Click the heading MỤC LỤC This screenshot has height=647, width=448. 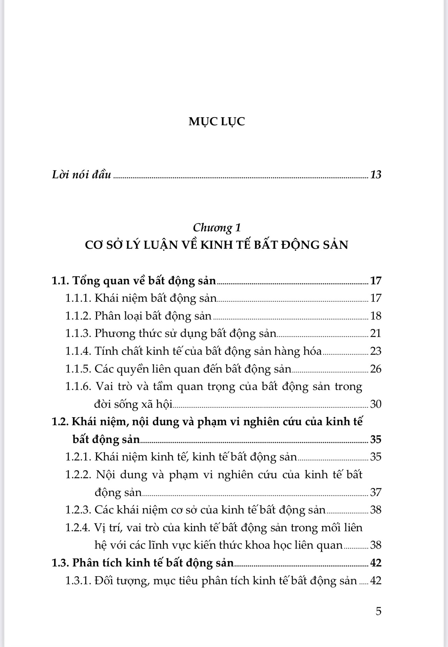[x=217, y=122]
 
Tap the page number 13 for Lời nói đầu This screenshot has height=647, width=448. [x=375, y=174]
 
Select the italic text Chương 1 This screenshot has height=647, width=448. [x=217, y=228]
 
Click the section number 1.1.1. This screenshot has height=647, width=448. [x=79, y=298]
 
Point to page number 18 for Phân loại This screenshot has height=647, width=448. [x=375, y=316]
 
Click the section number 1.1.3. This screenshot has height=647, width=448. [x=79, y=333]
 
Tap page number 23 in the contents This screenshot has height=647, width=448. [x=375, y=351]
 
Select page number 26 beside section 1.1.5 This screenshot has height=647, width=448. [x=375, y=369]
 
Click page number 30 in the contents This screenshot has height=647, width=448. [x=375, y=404]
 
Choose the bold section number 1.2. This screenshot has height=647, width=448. [x=60, y=422]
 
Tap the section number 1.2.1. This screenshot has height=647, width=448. [x=79, y=457]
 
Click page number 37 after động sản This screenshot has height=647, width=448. [x=375, y=492]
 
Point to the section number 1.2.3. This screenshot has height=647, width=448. [x=79, y=510]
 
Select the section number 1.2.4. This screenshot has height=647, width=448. [x=79, y=528]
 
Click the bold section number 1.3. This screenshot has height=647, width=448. [x=60, y=563]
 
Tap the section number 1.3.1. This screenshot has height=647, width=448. [x=79, y=581]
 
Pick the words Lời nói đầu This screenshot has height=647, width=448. [x=82, y=174]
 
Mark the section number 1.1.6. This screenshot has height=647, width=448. [x=79, y=386]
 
